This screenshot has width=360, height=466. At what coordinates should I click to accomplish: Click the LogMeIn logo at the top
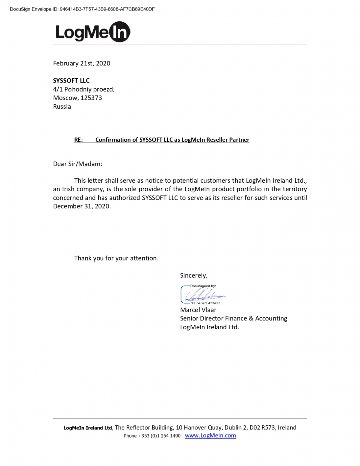coord(93,32)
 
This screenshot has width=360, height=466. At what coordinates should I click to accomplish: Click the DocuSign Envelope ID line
coord(82,9)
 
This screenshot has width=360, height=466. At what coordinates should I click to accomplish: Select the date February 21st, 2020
coord(82,63)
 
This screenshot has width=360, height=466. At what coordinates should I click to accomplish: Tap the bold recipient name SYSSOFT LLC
coord(71,81)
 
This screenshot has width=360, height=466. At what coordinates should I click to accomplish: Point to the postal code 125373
coord(91,98)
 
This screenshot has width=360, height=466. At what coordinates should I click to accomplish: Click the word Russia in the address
coord(62,107)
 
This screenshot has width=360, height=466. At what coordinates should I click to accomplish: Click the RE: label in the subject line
coord(79,140)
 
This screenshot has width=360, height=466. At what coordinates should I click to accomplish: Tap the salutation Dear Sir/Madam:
coord(78,164)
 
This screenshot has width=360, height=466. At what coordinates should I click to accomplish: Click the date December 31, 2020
coord(82,206)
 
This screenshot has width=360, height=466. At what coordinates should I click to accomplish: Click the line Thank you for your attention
coord(116,258)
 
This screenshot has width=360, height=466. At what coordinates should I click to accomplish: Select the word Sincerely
coord(193,275)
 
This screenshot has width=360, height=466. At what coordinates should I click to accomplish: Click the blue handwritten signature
coord(204,295)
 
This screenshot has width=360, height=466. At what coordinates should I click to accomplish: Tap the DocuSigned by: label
coord(203,286)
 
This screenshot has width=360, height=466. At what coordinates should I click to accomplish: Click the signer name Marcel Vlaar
coord(198,310)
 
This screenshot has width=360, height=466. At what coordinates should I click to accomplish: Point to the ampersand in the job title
coord(251,318)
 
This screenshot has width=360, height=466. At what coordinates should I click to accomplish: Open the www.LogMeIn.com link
coord(211,435)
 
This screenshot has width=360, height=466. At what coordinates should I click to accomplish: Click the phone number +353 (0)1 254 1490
coord(159,436)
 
